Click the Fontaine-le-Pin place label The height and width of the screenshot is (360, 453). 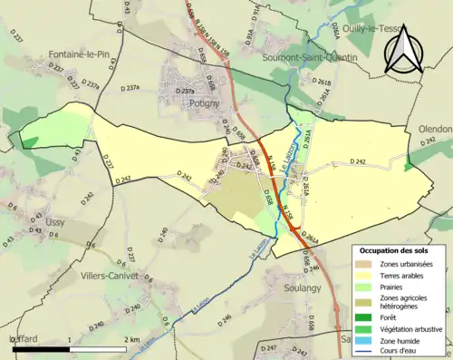pos(60,54)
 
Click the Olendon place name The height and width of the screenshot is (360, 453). pos(433,130)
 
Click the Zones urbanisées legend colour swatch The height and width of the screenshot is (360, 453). pos(367,264)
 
